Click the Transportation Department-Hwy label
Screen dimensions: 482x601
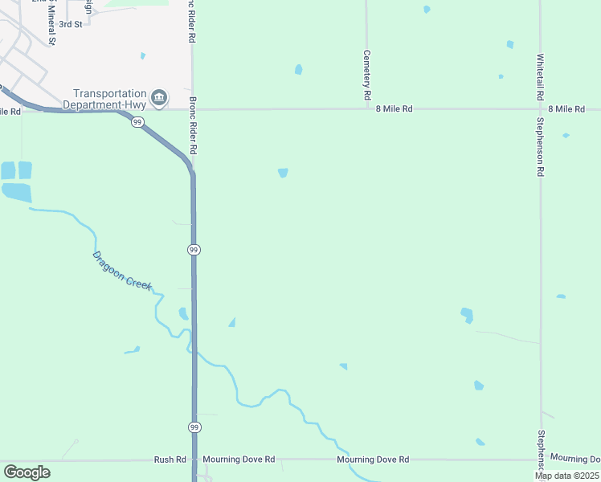coord(110,99)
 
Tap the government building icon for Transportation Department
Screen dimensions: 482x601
coord(159,98)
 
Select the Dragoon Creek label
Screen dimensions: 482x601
coord(121,271)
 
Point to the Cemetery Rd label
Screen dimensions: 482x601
coord(366,76)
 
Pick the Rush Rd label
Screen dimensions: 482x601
coord(170,460)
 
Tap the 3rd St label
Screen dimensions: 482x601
coord(71,25)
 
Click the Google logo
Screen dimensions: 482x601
coord(27,472)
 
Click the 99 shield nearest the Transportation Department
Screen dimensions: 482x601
coord(138,122)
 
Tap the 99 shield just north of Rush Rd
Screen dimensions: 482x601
coord(194,426)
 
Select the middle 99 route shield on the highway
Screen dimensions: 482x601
coord(194,251)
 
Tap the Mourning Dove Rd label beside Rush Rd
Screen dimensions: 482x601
coord(239,460)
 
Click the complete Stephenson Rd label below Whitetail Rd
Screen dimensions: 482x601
coord(541,146)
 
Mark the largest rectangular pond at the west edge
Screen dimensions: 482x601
coord(17,192)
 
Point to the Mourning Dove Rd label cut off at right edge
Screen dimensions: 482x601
coord(575,459)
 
